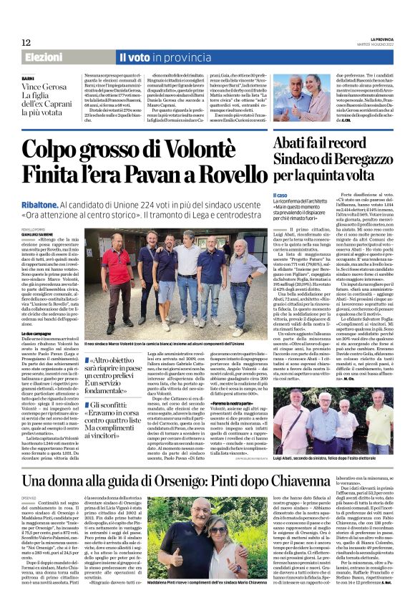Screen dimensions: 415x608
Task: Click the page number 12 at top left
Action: [25, 44]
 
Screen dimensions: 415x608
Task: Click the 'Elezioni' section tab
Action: [44, 57]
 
